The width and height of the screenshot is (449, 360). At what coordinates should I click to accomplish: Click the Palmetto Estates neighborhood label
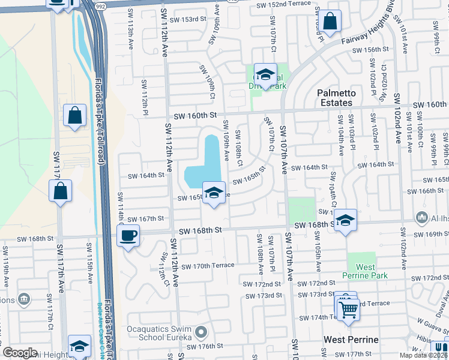(x=336, y=98)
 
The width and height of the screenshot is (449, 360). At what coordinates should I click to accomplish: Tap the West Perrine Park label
(x=366, y=271)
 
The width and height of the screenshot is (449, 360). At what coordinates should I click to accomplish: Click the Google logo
(x=20, y=353)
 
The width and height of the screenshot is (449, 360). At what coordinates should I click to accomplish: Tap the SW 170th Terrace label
(x=207, y=266)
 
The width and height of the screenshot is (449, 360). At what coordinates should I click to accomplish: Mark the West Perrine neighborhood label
(x=351, y=340)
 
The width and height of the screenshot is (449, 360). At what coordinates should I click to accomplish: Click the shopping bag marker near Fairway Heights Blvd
(x=330, y=22)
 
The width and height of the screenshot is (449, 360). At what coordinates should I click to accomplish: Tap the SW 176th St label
(x=204, y=346)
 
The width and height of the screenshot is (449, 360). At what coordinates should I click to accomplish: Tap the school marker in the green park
(x=265, y=75)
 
